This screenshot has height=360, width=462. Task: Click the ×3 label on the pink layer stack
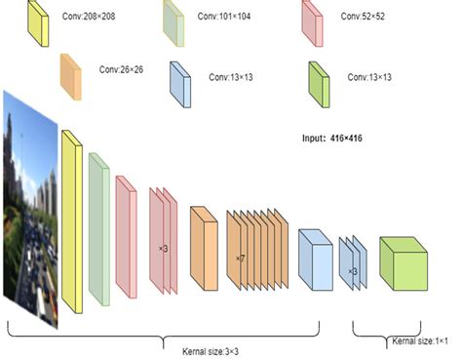tap(163, 249)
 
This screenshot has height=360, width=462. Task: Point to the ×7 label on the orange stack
tap(240, 259)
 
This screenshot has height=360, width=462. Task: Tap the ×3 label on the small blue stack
tap(353, 270)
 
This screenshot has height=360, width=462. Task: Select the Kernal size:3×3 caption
tap(212, 351)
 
